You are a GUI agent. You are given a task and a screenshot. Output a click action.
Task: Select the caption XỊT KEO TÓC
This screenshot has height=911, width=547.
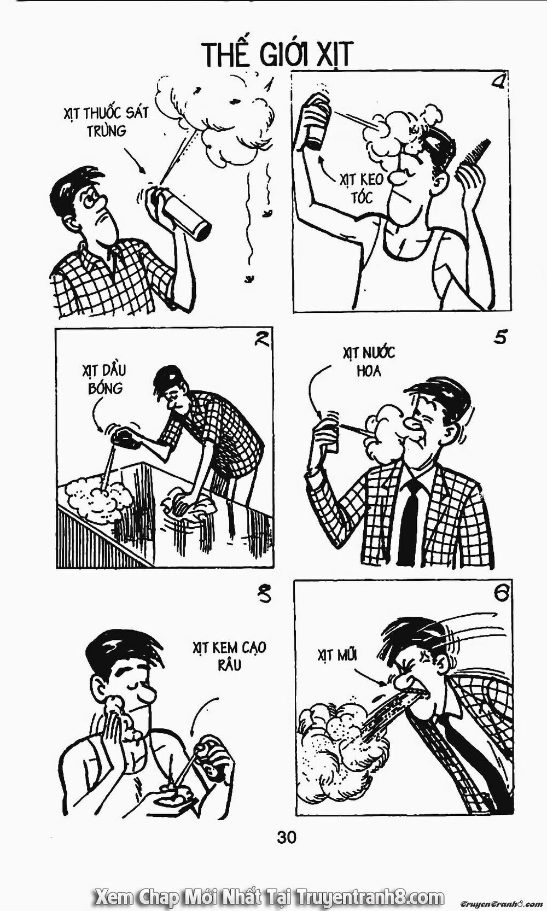[x=362, y=189]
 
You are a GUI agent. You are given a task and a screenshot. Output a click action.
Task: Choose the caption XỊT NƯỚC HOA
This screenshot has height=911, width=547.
[x=369, y=361]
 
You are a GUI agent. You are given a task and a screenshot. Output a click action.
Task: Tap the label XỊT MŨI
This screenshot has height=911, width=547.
[x=337, y=655]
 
